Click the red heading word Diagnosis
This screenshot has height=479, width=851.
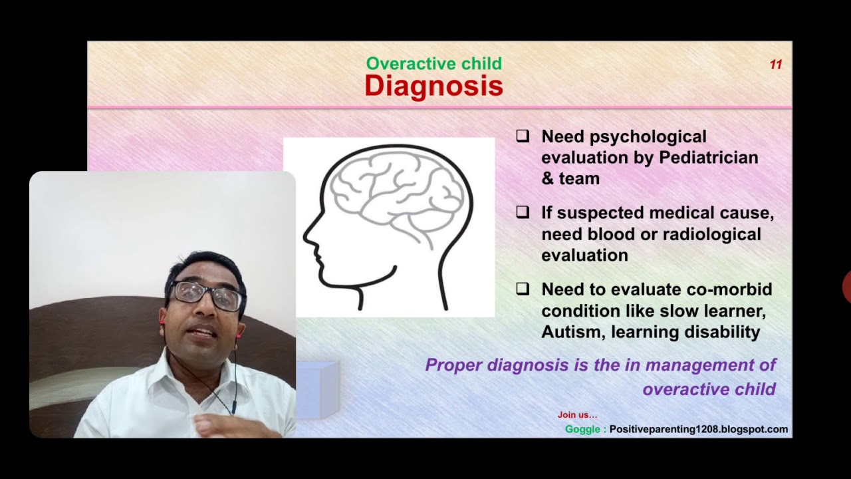(x=433, y=86)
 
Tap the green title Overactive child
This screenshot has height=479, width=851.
(x=433, y=64)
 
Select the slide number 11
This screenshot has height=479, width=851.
(x=775, y=65)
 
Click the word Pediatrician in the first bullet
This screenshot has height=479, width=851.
(x=708, y=158)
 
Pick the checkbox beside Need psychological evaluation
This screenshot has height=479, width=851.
(x=523, y=136)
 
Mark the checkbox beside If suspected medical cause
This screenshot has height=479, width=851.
(x=523, y=213)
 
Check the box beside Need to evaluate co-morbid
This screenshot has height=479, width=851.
(x=523, y=289)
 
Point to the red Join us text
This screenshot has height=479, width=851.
(x=577, y=415)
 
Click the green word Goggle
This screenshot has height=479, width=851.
(x=582, y=430)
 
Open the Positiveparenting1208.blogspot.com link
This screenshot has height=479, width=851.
(x=698, y=430)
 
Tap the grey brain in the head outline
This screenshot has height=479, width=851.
(x=396, y=193)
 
